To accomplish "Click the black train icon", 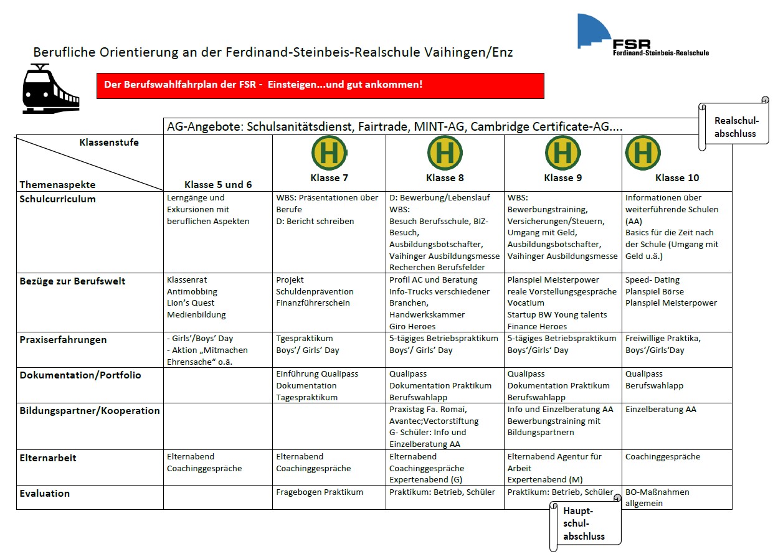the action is [50, 89].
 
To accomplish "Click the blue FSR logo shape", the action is [594, 31].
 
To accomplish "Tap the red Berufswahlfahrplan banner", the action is [320, 86].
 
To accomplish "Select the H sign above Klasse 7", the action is [330, 153].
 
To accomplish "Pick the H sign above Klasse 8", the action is [445, 153].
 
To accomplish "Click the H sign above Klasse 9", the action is [562, 153].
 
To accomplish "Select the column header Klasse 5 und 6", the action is [218, 185].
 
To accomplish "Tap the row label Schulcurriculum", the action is [57, 199].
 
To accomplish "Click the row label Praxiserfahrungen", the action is [63, 340].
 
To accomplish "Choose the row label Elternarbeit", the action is [48, 458].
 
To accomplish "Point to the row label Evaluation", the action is [44, 493].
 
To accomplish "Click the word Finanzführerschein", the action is [313, 303].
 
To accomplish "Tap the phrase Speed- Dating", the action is [652, 280].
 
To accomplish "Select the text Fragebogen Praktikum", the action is [320, 492].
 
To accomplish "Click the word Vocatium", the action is [526, 303].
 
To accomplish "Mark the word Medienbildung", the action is [196, 315].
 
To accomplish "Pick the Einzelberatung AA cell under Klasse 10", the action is [661, 410].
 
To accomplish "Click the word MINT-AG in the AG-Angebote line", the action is [439, 126].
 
